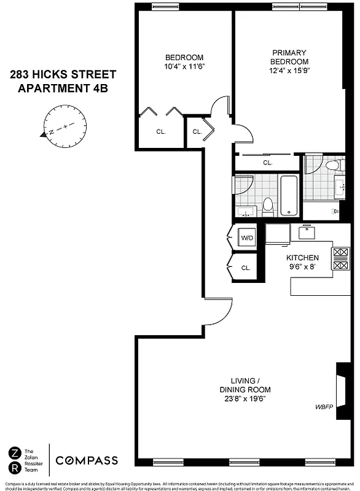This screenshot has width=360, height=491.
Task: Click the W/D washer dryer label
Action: [247, 238]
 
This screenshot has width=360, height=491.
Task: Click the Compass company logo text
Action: [87, 461]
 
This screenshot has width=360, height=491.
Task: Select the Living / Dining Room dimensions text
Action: [245, 398]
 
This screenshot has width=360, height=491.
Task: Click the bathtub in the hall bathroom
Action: [289, 196]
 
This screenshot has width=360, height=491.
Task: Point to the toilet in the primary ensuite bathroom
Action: [331, 164]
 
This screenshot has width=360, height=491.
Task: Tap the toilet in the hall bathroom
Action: [268, 207]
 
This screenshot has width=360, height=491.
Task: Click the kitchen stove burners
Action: [340, 258]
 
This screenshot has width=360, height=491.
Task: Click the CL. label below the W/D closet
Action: [246, 268]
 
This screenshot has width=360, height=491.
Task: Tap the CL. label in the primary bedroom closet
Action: [267, 163]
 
